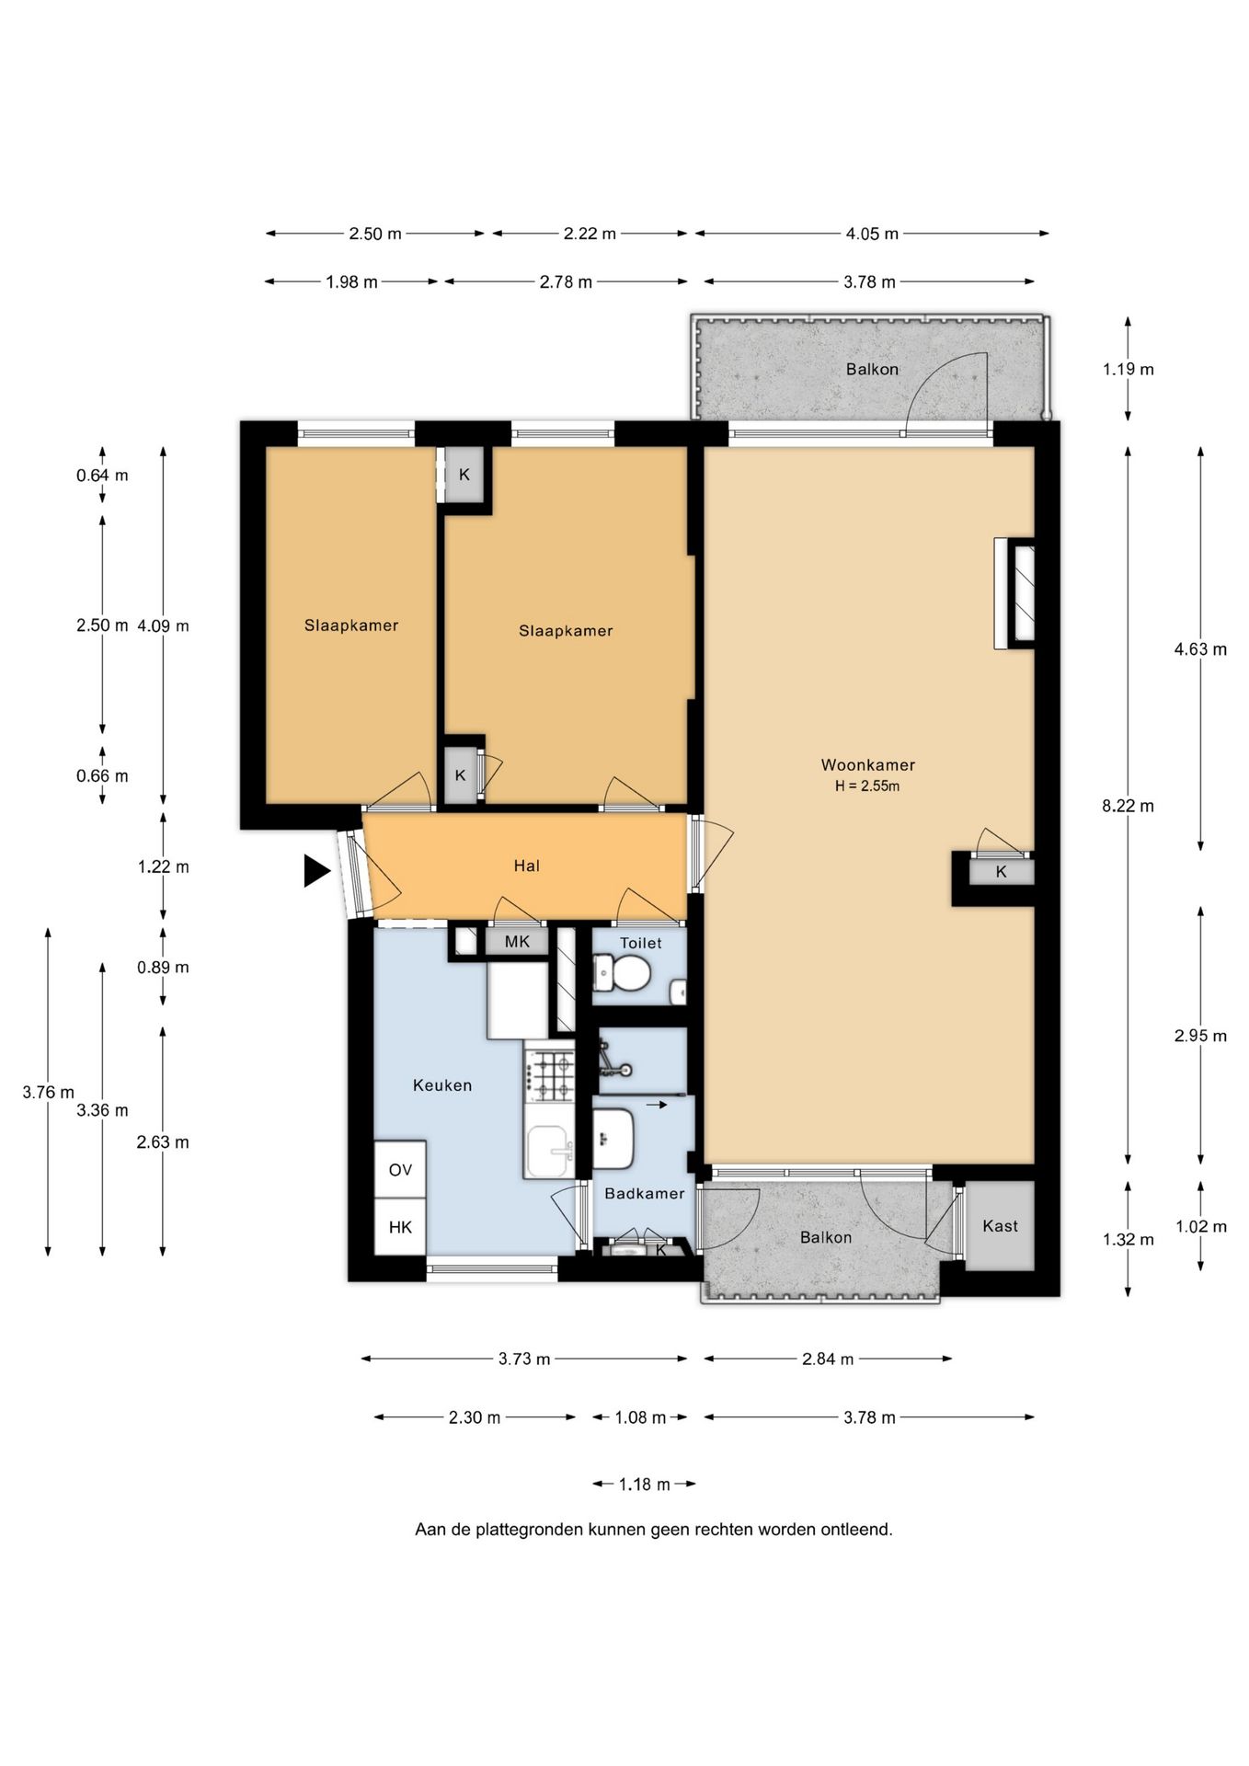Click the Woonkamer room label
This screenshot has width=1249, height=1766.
(867, 764)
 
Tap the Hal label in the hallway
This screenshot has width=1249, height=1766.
(526, 866)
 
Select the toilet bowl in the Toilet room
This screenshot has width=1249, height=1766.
(622, 972)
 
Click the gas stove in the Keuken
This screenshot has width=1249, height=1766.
(549, 1076)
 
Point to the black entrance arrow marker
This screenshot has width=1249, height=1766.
(316, 870)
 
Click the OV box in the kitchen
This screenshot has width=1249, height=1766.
(400, 1170)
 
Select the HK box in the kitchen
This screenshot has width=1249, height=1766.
(400, 1227)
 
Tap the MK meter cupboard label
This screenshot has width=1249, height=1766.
(517, 942)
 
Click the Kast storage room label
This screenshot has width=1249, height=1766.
(1000, 1226)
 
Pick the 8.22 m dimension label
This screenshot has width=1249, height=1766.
(1128, 807)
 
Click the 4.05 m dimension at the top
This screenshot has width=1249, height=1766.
(872, 234)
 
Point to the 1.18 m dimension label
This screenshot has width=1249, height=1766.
(644, 1484)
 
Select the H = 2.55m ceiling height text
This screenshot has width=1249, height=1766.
(867, 786)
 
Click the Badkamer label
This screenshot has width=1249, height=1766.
(644, 1194)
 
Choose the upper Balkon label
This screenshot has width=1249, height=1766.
(872, 370)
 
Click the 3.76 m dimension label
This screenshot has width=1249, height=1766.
(49, 1093)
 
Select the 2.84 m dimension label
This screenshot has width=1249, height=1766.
(828, 1359)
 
